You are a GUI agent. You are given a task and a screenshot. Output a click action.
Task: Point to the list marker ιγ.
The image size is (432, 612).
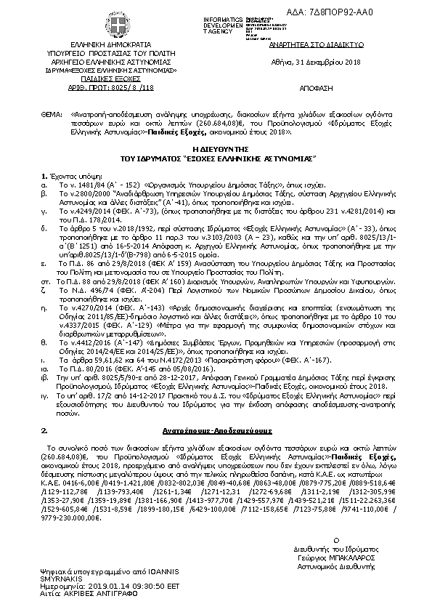(x=45, y=398)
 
